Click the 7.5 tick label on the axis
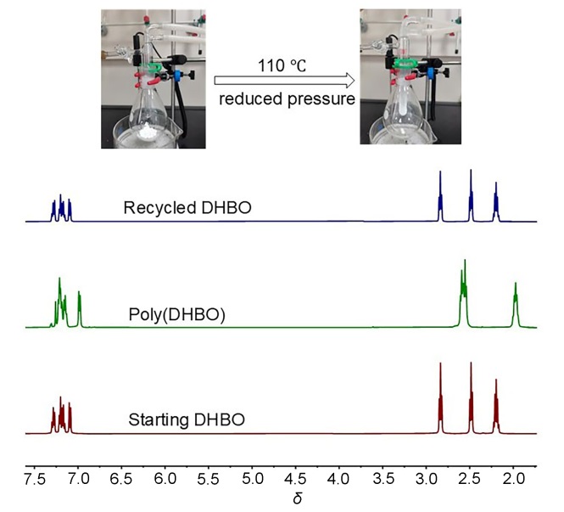35,481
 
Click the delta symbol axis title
298,498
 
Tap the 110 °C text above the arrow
281,65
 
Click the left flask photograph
154,78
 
